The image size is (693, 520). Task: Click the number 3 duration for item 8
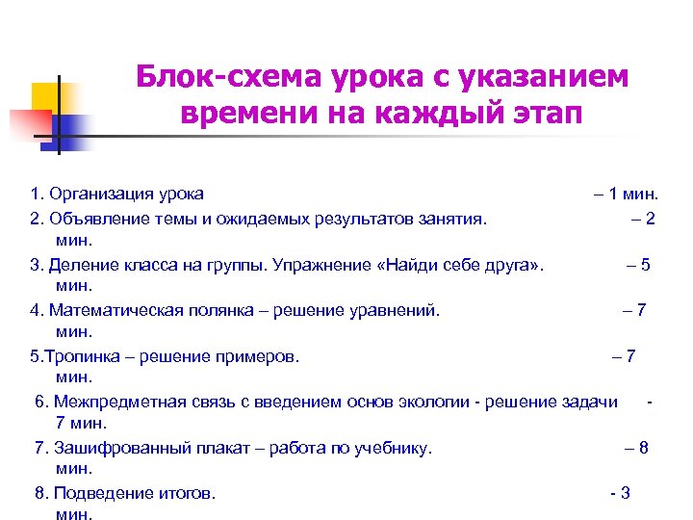626,494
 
